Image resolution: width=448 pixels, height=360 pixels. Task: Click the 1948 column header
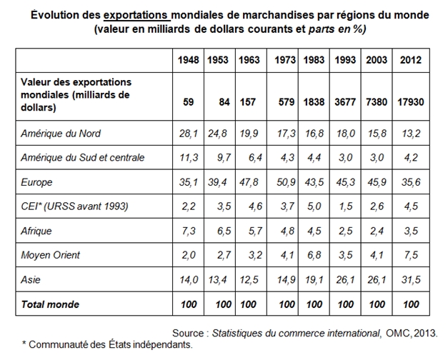pyautogui.click(x=189, y=60)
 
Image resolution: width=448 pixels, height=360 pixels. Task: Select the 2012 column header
pyautogui.click(x=411, y=60)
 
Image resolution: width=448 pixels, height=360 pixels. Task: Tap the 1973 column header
pyautogui.click(x=285, y=60)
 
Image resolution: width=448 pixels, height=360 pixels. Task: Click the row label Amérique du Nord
pyautogui.click(x=61, y=134)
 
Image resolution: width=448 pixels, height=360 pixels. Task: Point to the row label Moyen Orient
pyautogui.click(x=50, y=255)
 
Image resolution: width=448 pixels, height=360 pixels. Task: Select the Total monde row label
pyautogui.click(x=50, y=304)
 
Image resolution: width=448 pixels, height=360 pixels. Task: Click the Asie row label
pyautogui.click(x=31, y=279)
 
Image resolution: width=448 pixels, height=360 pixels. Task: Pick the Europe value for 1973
pyautogui.click(x=286, y=182)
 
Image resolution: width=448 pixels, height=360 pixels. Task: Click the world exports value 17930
pyautogui.click(x=411, y=102)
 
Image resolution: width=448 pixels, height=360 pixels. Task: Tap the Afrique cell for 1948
pyautogui.click(x=189, y=231)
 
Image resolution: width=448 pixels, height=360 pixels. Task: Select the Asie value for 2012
pyautogui.click(x=411, y=279)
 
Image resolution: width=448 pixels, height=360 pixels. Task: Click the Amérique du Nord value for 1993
pyautogui.click(x=345, y=134)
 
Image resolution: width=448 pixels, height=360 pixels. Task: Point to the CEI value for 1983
pyautogui.click(x=314, y=206)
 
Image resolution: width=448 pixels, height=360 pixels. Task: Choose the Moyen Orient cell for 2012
pyautogui.click(x=411, y=255)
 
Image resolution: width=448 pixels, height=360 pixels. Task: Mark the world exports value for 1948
pyautogui.click(x=189, y=102)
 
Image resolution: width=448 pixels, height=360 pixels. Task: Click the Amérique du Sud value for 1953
pyautogui.click(x=224, y=157)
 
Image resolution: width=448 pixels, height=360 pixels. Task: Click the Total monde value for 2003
pyautogui.click(x=377, y=304)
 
